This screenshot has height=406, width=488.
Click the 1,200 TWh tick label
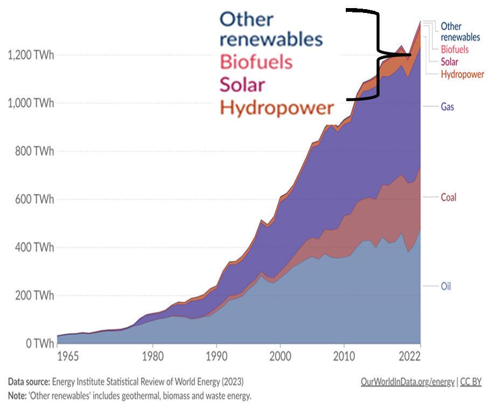point(31,55)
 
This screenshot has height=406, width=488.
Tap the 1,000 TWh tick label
point(31,103)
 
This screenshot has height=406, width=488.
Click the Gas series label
point(447,107)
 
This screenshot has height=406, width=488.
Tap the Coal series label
point(448,197)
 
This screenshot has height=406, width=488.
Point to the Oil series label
point(445,286)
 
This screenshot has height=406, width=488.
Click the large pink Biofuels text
point(256,61)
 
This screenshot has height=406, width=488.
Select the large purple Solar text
point(242,85)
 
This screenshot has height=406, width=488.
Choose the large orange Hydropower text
point(276,108)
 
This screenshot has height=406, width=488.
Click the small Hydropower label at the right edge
point(462,74)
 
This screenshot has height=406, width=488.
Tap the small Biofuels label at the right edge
point(454,50)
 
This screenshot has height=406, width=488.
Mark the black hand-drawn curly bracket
point(379,54)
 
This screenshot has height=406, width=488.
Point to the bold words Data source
point(29,382)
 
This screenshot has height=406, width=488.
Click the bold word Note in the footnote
point(17,395)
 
